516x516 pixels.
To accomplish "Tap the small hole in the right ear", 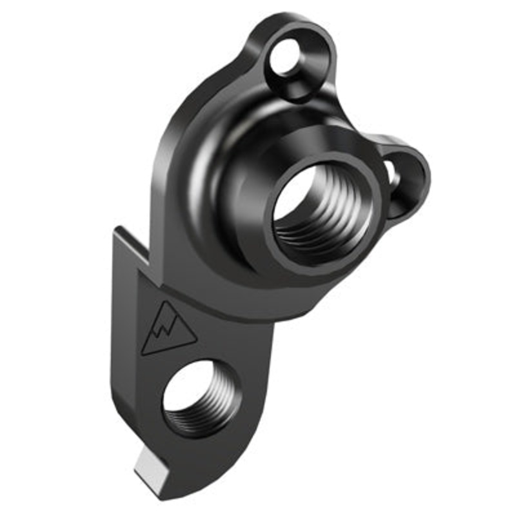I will coord(391,173).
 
